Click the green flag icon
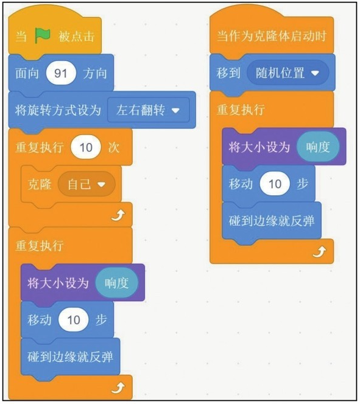coord(43,35)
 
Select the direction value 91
coord(61,73)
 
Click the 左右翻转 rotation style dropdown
coord(148,110)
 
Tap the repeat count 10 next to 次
coord(86,147)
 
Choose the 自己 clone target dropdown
coord(86,184)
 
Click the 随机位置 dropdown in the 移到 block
coord(288,73)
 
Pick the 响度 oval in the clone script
coord(318,147)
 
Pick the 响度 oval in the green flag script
coord(116,283)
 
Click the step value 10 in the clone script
coord(275,184)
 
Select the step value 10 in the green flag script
coord(74,320)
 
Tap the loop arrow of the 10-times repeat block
coord(118,215)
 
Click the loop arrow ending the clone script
coord(319,252)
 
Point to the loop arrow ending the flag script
coord(118,388)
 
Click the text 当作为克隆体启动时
coord(272,36)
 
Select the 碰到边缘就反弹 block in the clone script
coord(272,221)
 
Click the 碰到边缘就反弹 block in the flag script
coord(70,357)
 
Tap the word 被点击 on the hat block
coord(76,36)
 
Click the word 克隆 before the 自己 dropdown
coord(39,184)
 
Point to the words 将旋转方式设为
coord(58,110)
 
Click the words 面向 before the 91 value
coord(27,73)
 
